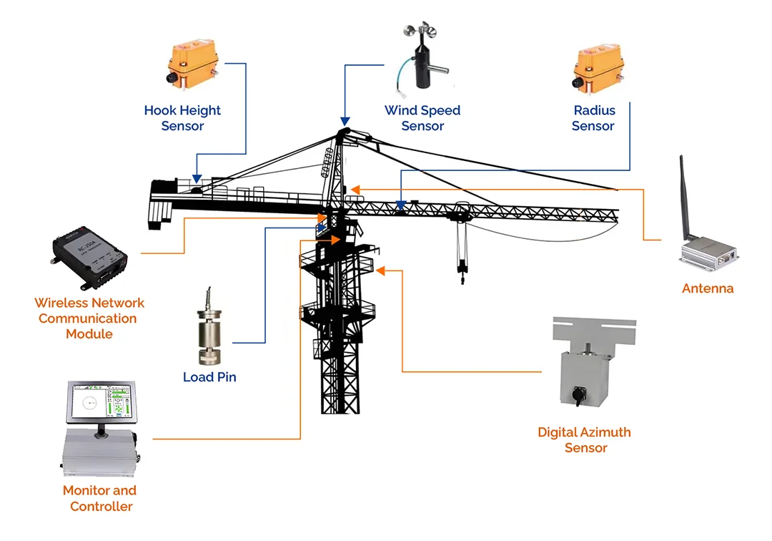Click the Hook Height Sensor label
[x=182, y=118]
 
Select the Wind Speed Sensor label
[x=422, y=118]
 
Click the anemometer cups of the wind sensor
[x=412, y=32]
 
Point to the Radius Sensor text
[x=593, y=118]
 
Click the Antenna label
[x=708, y=288]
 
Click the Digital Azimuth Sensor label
[x=585, y=439]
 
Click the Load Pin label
[x=209, y=376]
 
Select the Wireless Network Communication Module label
[x=89, y=318]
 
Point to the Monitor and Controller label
[x=100, y=498]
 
